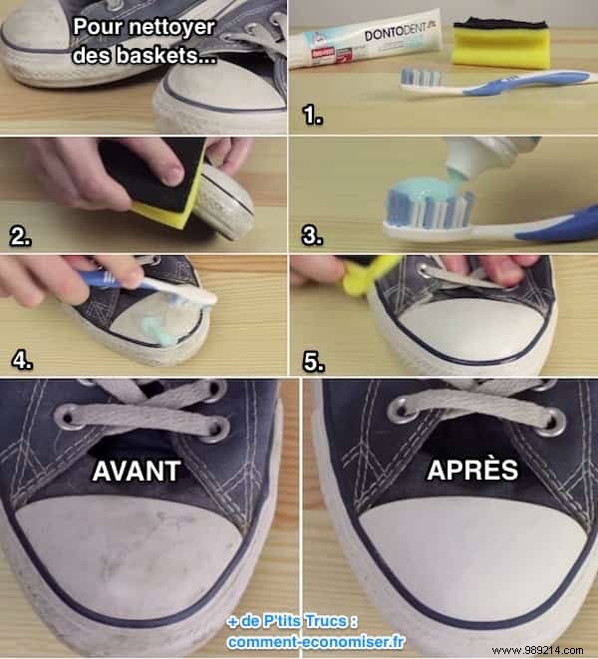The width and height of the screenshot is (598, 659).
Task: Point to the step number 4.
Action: (x=20, y=358)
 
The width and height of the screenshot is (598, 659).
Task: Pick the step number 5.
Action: (x=314, y=360)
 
